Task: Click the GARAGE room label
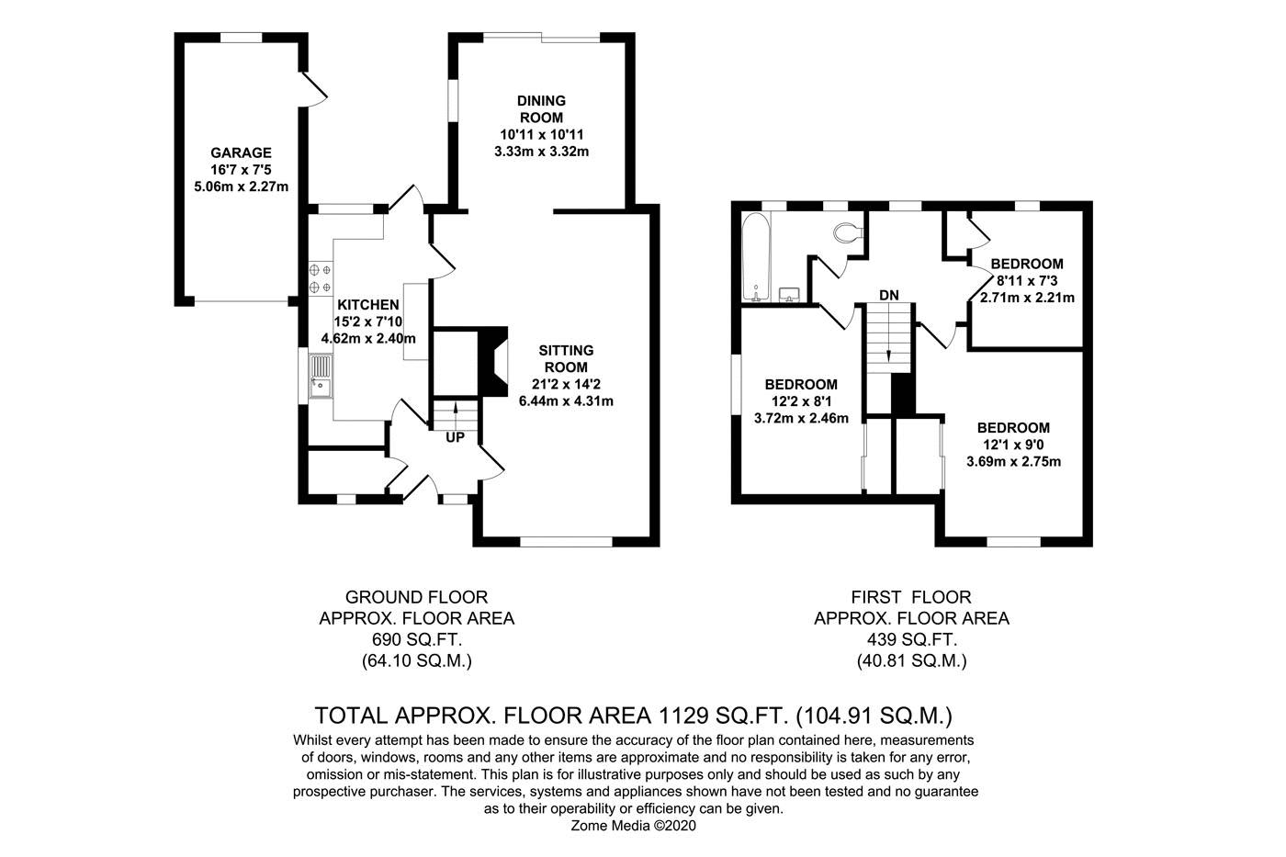point(241,152)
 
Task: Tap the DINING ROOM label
point(541,108)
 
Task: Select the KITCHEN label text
point(367,305)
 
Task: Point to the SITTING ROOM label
point(566,358)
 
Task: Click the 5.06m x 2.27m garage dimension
point(241,186)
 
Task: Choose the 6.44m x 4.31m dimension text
point(566,400)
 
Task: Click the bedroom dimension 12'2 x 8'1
point(801,401)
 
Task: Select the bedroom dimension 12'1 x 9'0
point(1013,445)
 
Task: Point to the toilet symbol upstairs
point(846,233)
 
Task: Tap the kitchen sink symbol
point(320,378)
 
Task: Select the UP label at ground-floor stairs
point(455,438)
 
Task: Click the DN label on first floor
point(887,295)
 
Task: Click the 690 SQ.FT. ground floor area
point(416,639)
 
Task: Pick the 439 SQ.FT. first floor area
point(911,639)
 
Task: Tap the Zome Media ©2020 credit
point(635,826)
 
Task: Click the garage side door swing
point(313,85)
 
